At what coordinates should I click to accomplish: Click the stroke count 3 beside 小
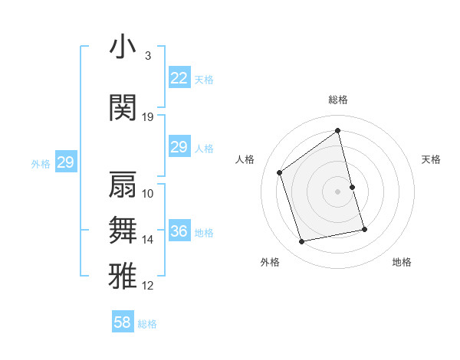click(x=147, y=56)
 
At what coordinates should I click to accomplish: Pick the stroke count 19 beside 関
click(x=148, y=117)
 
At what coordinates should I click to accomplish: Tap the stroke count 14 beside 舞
click(x=148, y=240)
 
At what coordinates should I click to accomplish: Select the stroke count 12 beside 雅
click(x=148, y=286)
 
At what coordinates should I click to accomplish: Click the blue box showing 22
click(x=179, y=77)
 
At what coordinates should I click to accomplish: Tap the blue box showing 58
click(x=123, y=322)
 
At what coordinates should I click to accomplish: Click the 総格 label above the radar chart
click(x=337, y=100)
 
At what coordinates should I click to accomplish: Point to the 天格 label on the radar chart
click(x=431, y=159)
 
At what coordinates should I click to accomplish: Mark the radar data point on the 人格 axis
click(x=280, y=173)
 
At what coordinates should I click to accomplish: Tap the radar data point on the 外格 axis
click(x=302, y=242)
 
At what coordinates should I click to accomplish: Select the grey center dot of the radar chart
click(x=337, y=191)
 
